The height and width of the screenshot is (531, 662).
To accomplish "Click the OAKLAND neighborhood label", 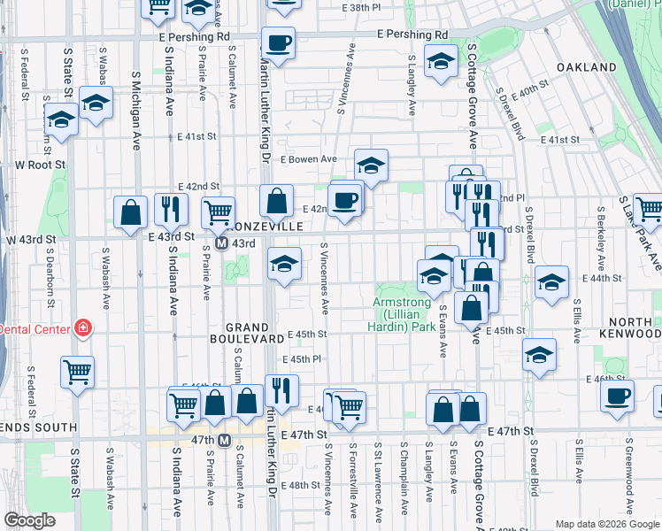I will (x=586, y=67).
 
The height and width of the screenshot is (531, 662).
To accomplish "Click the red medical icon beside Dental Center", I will (x=83, y=328).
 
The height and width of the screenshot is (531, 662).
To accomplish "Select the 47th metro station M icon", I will (x=225, y=440).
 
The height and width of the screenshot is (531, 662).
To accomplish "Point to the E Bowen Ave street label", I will (x=309, y=159).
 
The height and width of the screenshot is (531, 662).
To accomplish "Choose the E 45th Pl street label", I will (x=301, y=359).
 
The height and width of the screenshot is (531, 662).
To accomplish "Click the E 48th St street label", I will (x=301, y=485).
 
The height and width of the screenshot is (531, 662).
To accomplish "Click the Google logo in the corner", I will (x=29, y=520).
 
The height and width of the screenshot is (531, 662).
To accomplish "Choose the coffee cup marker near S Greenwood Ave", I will (x=617, y=395).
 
